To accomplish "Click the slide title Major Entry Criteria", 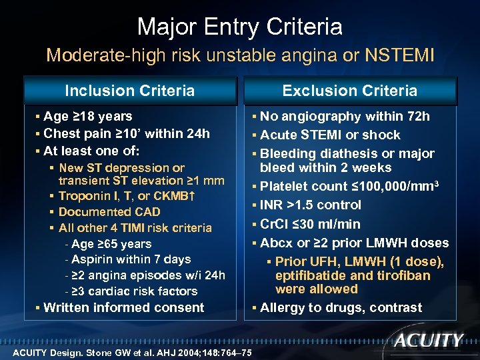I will click(240, 27).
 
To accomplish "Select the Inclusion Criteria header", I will click(129, 91).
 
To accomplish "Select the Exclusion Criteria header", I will click(349, 91).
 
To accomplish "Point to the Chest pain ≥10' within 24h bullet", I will click(126, 133).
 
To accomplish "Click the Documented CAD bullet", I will click(109, 212).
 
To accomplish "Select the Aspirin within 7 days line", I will click(131, 259).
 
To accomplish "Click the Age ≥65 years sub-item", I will click(111, 244).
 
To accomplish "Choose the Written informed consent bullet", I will click(123, 307).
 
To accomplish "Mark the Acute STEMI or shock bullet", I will click(330, 135).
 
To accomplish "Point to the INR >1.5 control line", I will click(310, 205).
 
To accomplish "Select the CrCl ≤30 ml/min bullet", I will click(310, 224).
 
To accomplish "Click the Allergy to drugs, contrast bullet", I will click(341, 307).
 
